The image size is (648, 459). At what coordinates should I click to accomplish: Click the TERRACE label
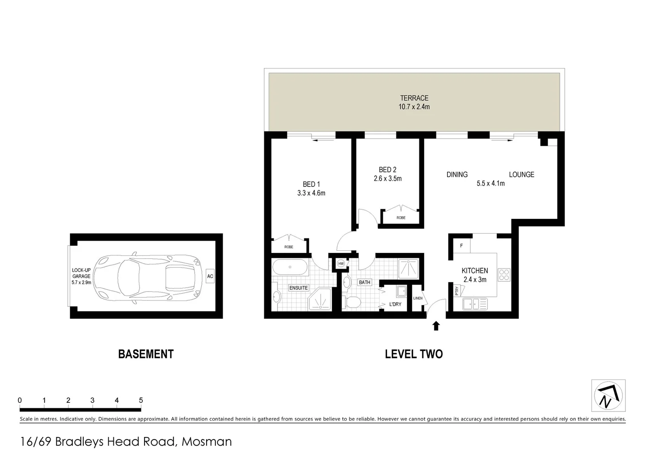click(414, 98)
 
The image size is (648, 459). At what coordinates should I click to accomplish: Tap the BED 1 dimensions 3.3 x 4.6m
click(311, 193)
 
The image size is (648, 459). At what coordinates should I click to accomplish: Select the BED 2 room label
click(388, 170)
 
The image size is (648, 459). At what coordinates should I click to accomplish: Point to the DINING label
click(457, 175)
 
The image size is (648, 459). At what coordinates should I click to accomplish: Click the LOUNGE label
click(521, 175)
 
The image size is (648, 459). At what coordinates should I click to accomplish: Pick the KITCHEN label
click(475, 271)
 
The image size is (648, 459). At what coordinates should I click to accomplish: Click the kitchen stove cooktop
click(504, 275)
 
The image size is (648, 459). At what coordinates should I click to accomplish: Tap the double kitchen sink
click(475, 304)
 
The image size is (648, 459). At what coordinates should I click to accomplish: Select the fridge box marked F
click(461, 246)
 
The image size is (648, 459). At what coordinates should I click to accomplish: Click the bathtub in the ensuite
click(290, 268)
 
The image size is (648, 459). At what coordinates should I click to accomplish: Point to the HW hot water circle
click(340, 264)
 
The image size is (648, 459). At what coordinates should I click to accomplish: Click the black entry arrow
click(436, 326)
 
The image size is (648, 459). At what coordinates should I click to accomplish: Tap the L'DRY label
click(395, 304)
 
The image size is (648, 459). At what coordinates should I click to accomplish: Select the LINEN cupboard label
click(418, 298)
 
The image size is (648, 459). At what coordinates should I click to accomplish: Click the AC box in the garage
click(210, 276)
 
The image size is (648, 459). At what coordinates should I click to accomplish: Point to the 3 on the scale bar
click(92, 400)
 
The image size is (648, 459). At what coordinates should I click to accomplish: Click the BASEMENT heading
click(146, 354)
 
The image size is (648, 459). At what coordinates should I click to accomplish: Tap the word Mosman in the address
click(207, 442)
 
